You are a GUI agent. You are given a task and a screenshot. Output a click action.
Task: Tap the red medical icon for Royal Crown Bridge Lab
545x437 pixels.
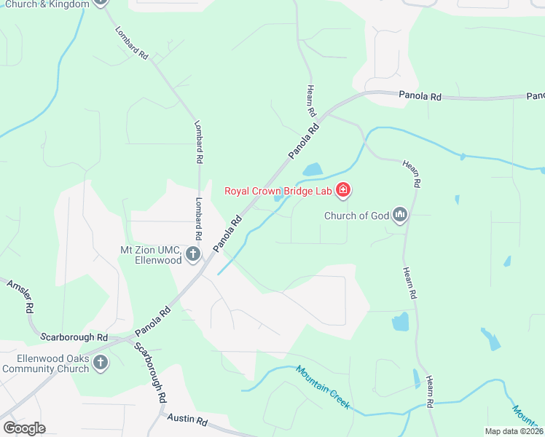[343, 192]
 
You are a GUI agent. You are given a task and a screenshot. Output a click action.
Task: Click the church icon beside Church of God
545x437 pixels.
[399, 215]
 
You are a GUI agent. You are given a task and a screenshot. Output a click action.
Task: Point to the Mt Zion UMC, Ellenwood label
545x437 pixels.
[151, 254]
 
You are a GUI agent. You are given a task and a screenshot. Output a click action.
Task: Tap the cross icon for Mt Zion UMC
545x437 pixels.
[193, 254]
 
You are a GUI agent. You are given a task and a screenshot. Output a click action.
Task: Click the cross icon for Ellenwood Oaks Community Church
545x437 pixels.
[101, 363]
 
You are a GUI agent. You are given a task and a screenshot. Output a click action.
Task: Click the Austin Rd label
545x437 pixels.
[187, 420]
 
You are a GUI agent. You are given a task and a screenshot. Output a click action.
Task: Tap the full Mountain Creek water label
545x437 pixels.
[323, 387]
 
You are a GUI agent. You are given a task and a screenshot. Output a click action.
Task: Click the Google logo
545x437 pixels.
[24, 428]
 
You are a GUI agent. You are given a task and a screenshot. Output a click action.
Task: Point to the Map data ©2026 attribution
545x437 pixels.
[514, 431]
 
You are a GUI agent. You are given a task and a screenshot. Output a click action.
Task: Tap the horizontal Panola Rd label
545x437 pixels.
[420, 95]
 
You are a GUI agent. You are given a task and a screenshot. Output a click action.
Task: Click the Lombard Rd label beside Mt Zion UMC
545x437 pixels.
[197, 219]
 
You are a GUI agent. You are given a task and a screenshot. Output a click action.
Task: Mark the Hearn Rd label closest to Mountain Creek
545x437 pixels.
[431, 392]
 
